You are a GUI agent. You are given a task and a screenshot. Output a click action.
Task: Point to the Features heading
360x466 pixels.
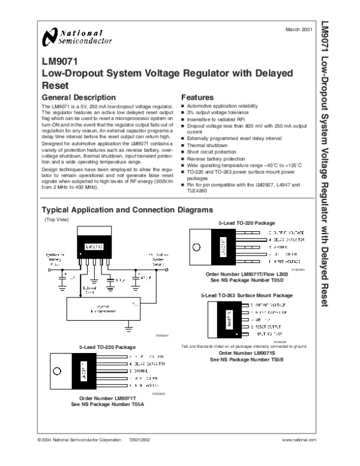tap(197, 97)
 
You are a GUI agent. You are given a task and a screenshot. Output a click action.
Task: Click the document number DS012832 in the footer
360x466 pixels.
tap(140, 457)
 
